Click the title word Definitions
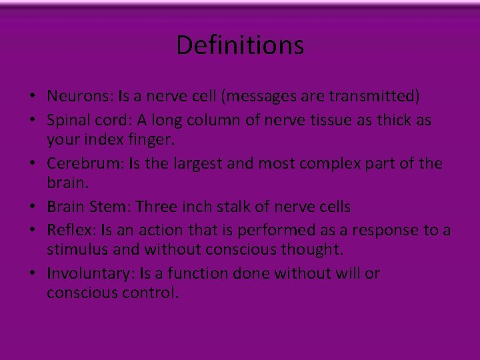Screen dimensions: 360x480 pyautogui.click(x=240, y=45)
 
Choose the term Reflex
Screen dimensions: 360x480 pyautogui.click(x=69, y=230)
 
